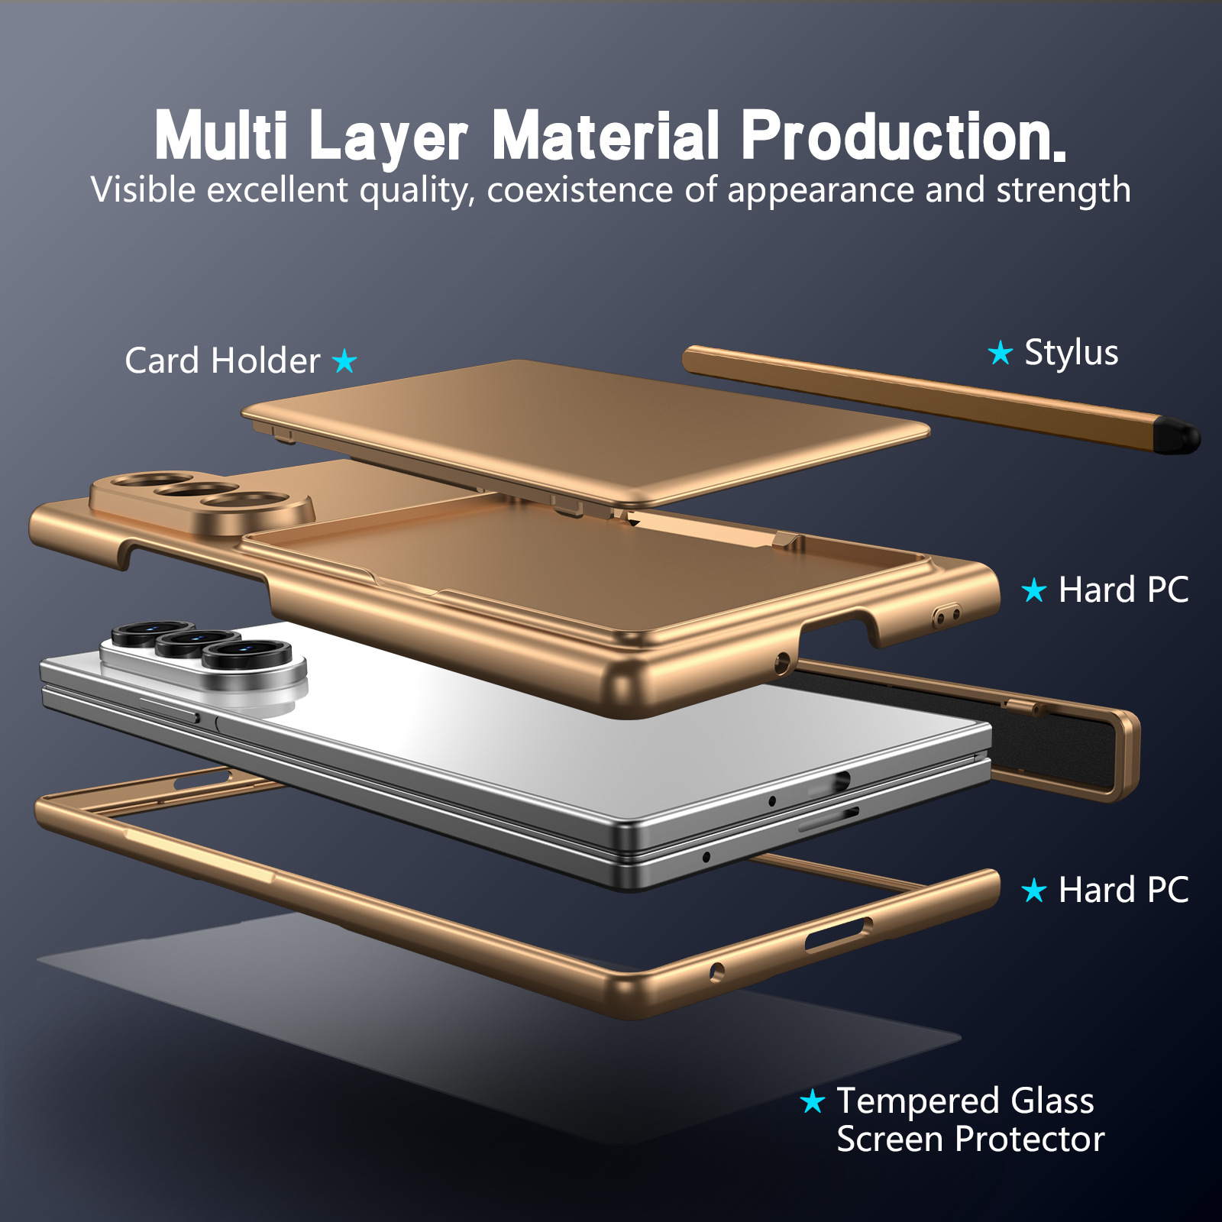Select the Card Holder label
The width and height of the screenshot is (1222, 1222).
click(222, 360)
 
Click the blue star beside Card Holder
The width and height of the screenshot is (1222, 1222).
click(345, 360)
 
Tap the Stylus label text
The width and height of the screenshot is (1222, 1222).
click(1071, 354)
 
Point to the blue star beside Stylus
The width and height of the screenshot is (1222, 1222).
click(1000, 353)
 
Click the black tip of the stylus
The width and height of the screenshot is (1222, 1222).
click(1178, 435)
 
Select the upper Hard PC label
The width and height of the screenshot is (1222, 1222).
click(1123, 590)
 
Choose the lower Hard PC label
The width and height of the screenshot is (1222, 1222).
click(1123, 891)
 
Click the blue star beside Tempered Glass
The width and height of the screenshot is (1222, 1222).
click(813, 1101)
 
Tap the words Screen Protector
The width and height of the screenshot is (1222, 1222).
click(971, 1140)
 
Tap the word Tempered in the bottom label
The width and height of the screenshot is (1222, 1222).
click(919, 1102)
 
